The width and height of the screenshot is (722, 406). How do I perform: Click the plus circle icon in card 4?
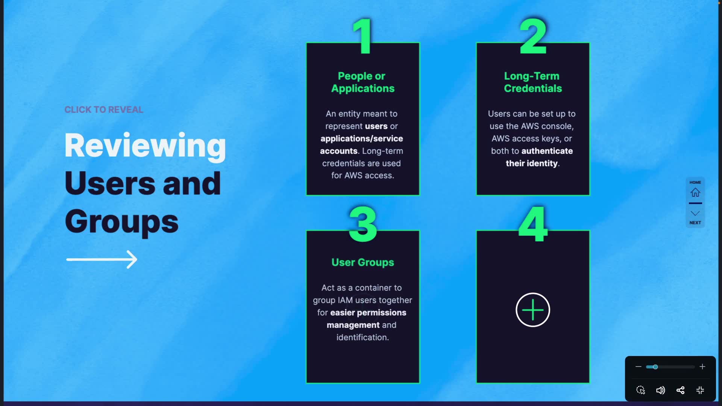[532, 310]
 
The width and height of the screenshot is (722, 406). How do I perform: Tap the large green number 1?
[363, 36]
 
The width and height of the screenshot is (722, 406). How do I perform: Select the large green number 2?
[533, 36]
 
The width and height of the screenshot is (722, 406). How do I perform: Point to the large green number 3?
[363, 224]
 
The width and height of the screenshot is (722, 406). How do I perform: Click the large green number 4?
[533, 224]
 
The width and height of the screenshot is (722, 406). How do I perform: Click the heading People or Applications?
[363, 82]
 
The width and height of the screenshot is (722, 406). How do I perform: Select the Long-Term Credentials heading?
[532, 82]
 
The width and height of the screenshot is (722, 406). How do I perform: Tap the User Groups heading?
[363, 262]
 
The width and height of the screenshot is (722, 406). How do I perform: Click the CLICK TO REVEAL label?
[104, 110]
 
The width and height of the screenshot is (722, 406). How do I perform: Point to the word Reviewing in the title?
[145, 146]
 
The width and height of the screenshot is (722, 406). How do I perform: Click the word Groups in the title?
[121, 222]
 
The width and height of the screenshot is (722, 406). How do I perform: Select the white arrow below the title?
[102, 259]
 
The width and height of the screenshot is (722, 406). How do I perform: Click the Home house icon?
[695, 192]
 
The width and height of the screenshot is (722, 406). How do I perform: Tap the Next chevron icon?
[695, 214]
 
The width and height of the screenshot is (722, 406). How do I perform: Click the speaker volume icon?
[660, 390]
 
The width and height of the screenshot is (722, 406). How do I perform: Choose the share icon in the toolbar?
[680, 390]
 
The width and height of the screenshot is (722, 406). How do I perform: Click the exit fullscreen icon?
[700, 390]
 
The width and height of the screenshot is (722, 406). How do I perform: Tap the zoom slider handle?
[655, 367]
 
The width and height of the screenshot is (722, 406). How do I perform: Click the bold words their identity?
[531, 164]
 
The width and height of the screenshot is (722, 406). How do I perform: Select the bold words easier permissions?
[368, 313]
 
